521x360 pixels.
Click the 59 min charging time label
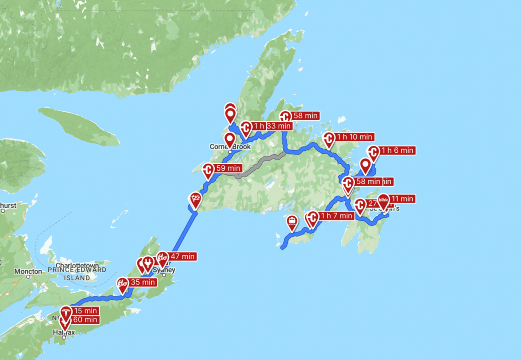click(228, 168)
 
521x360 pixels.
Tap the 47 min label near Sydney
click(182, 257)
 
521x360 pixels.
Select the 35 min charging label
click(143, 282)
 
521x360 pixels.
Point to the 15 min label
click(85, 311)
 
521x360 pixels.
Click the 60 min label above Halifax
click(85, 320)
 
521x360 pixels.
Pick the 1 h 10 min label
click(355, 137)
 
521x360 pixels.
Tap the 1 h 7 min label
click(336, 215)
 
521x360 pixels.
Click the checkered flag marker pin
click(196, 199)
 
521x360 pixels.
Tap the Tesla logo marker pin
click(66, 312)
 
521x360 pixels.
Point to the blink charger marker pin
click(383, 200)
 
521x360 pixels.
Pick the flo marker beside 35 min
click(122, 284)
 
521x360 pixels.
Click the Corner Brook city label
click(230, 147)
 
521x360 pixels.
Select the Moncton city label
click(28, 271)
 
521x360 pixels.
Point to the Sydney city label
click(164, 270)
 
